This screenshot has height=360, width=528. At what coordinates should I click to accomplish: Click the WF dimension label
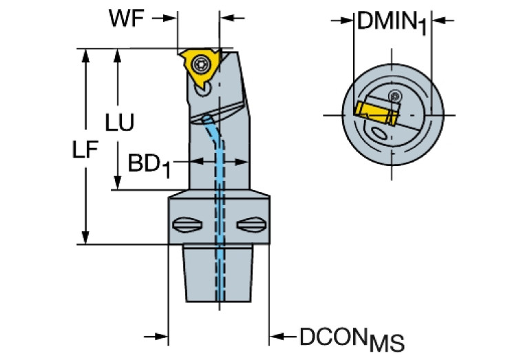click(127, 18)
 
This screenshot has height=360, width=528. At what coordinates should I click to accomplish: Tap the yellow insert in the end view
click(372, 112)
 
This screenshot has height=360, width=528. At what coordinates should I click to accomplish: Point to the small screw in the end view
click(394, 95)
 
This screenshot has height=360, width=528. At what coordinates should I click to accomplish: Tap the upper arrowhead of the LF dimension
click(85, 54)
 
